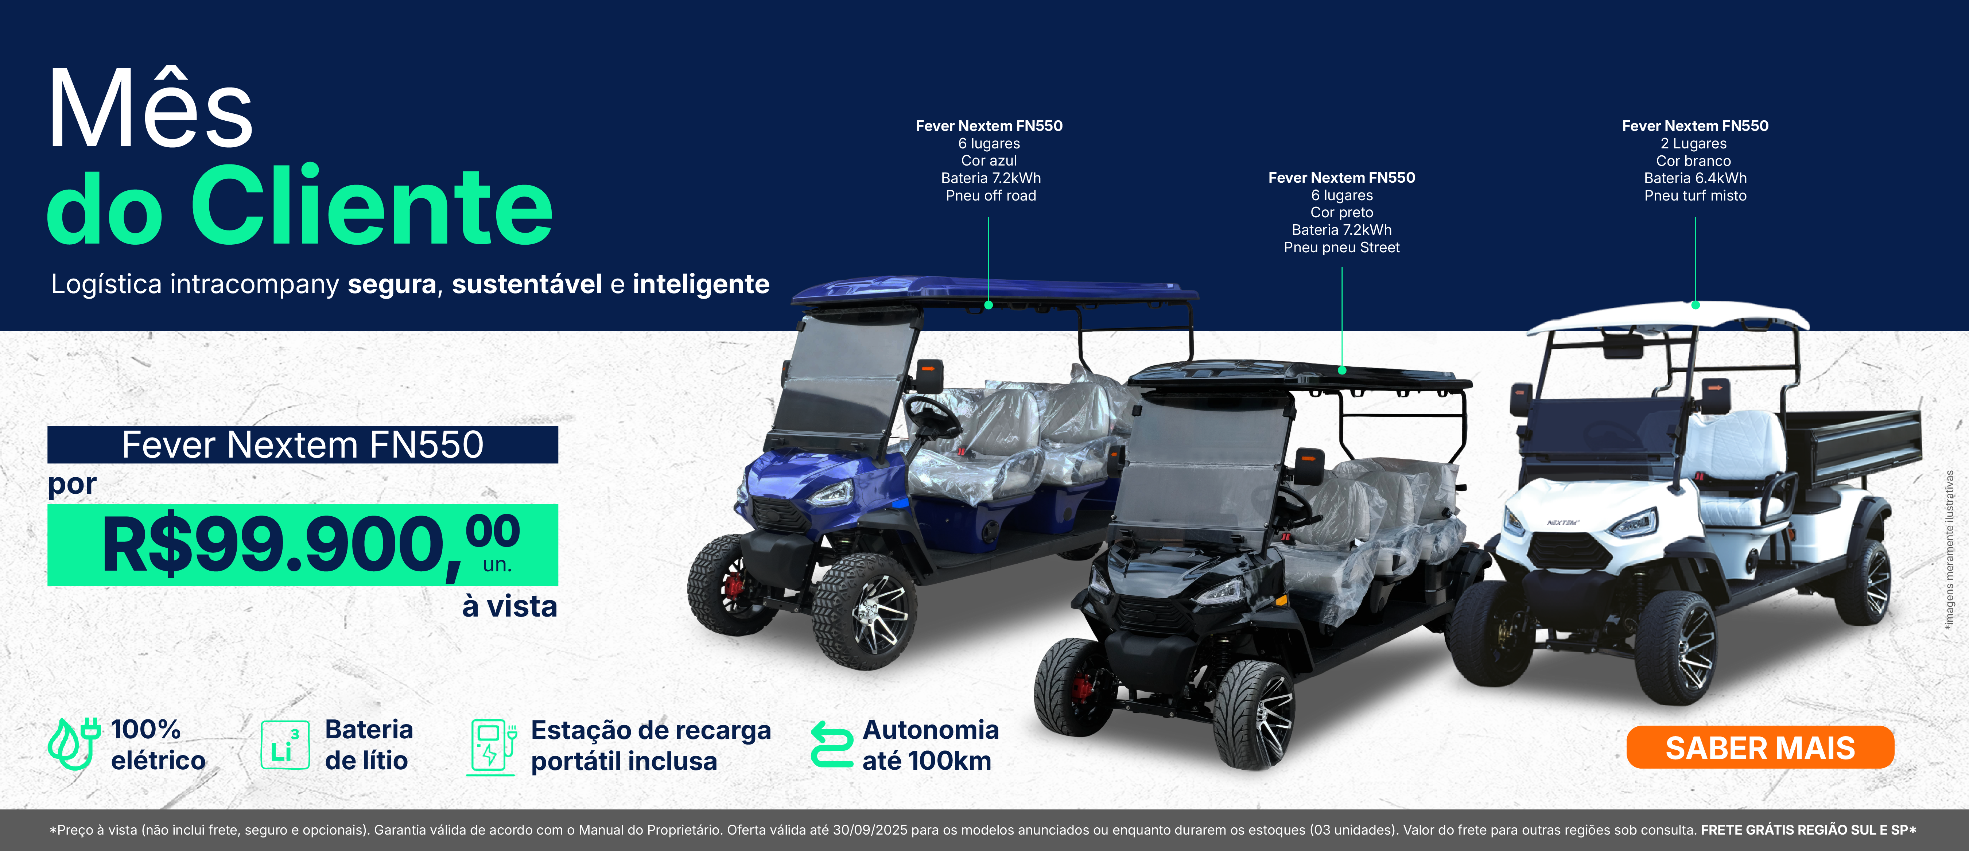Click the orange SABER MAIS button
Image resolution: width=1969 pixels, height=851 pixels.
[1760, 747]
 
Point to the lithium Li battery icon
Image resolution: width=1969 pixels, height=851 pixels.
[285, 744]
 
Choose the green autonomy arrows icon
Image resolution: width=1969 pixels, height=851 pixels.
[832, 744]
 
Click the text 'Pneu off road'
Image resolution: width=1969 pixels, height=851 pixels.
[991, 196]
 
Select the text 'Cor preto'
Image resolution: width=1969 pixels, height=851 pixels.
[1341, 213]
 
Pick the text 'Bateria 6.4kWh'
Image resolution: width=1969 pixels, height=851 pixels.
[1696, 178]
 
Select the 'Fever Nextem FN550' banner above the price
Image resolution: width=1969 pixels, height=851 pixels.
[303, 444]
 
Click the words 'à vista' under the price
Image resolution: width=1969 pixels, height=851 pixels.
[510, 606]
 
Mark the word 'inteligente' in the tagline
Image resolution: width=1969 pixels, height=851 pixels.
[701, 284]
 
